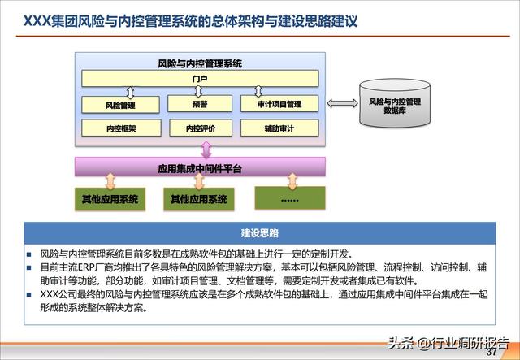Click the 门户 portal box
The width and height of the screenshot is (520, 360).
point(200,79)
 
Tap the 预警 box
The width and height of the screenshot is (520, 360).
point(200,104)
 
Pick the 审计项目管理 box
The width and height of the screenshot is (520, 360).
point(279,104)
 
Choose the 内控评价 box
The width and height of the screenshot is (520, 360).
point(200,128)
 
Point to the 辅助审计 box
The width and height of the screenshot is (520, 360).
point(279,128)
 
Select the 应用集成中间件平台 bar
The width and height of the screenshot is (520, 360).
point(200,169)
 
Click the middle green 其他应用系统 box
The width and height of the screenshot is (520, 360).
point(199,198)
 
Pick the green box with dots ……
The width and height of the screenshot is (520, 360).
point(289,197)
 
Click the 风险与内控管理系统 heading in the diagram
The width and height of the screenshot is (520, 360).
point(199,63)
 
